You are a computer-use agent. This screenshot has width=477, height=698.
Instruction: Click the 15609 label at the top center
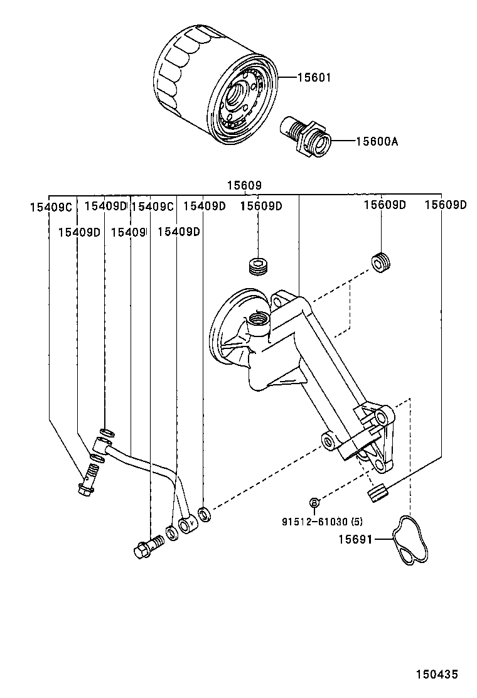click(x=244, y=186)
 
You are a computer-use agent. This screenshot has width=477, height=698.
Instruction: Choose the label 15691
click(x=356, y=539)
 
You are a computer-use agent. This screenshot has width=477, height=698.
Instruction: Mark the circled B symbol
click(x=315, y=502)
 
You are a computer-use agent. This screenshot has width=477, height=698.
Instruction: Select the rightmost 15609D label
click(x=446, y=205)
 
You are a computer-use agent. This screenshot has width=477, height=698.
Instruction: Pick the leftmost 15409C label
click(x=51, y=206)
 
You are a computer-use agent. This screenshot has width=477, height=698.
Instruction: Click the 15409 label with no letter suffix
click(x=128, y=232)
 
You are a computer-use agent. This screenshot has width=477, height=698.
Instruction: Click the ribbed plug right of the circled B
click(x=377, y=494)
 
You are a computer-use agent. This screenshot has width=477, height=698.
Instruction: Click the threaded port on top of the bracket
click(x=257, y=319)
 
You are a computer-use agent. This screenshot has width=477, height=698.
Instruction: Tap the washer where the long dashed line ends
click(x=205, y=515)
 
